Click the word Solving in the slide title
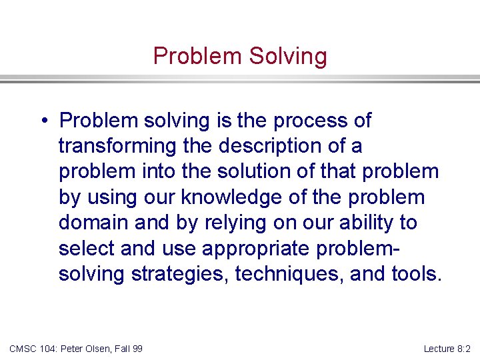tap(288, 56)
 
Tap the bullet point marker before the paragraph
tap(42, 121)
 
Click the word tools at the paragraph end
tap(415, 274)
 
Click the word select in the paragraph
tap(87, 249)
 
